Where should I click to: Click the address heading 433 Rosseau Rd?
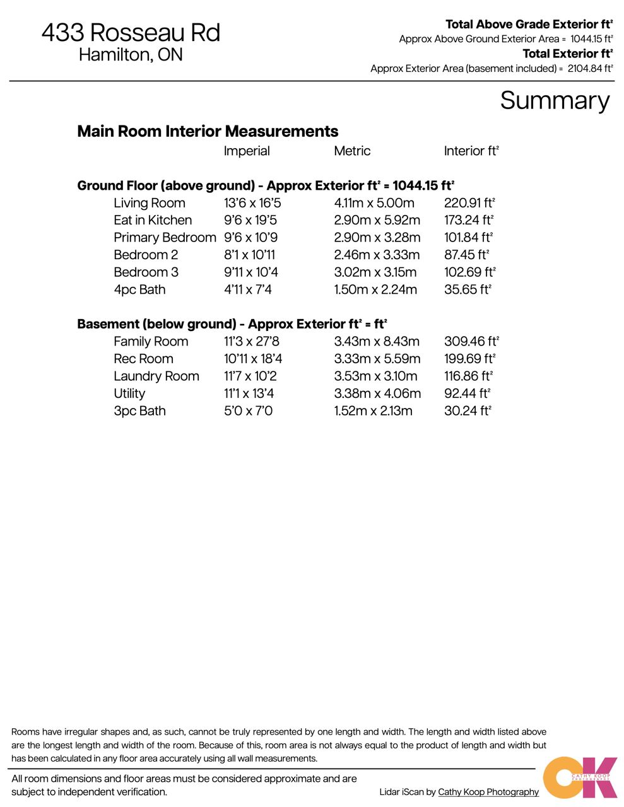tap(131, 32)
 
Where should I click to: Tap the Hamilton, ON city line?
tap(131, 55)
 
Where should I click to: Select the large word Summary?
tap(555, 100)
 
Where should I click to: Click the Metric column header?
tap(352, 151)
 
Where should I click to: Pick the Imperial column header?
tap(247, 151)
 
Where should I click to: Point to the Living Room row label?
tap(150, 203)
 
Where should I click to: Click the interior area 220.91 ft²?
tap(469, 203)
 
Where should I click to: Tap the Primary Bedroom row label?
tap(165, 238)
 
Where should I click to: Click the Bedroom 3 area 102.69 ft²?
tap(469, 272)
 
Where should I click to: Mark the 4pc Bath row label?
tap(139, 289)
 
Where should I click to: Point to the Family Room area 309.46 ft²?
tap(471, 342)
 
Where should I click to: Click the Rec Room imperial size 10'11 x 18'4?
tap(253, 359)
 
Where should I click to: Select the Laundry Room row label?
tap(156, 376)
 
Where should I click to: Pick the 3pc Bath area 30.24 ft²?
tap(468, 411)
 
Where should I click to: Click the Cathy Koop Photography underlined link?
tap(488, 792)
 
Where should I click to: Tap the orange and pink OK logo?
tap(579, 777)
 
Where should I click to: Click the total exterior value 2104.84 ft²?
tap(590, 69)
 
